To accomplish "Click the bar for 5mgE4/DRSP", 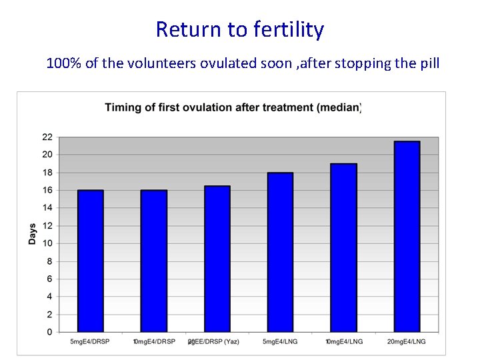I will point(91,261).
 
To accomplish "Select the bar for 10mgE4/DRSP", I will point(154,261).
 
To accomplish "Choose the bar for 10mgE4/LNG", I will point(343,247).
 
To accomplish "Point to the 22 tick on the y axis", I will point(47,137).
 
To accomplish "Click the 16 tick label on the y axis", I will point(47,190).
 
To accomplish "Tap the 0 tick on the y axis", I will point(49,332).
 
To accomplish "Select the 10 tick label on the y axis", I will point(47,243).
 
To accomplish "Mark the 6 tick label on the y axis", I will point(49,279).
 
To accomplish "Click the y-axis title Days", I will point(32,233).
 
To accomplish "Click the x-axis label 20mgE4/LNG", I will point(407,342).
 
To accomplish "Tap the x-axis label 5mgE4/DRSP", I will point(91,342).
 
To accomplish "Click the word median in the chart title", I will point(340,108).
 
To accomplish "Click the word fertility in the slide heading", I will point(288,29).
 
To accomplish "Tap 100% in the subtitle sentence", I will point(61,64).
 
